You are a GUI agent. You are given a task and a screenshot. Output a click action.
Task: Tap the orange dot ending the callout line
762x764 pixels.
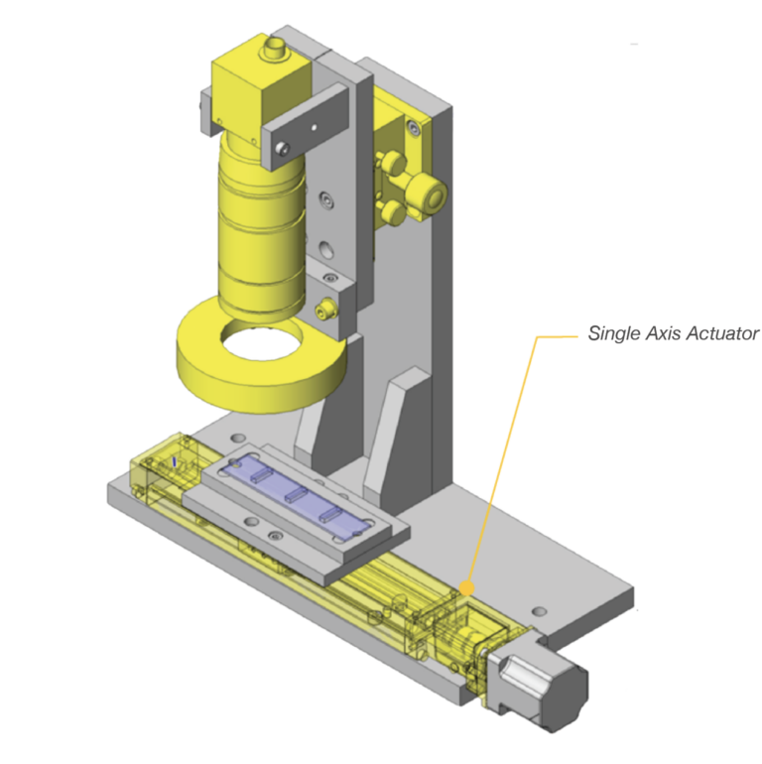[464, 587]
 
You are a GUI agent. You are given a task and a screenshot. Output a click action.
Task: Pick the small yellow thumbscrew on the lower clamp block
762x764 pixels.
[322, 311]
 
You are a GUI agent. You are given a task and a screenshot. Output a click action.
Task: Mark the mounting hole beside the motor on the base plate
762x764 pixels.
[538, 610]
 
